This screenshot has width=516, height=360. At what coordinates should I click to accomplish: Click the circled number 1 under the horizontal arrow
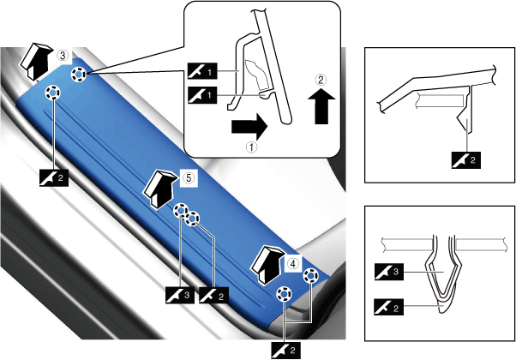pos(251,147)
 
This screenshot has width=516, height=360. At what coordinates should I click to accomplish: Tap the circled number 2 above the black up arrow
pos(321,80)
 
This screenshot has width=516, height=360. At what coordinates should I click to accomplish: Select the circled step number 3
pos(63,56)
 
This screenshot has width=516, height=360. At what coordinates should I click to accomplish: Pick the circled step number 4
pos(292,263)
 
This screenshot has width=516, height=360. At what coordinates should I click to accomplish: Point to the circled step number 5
pos(189,178)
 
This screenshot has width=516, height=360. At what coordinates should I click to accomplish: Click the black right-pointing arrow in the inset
pos(249,127)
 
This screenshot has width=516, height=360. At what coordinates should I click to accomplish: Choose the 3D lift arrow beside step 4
pos(267,264)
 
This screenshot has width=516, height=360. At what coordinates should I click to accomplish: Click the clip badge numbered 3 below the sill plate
pos(180,295)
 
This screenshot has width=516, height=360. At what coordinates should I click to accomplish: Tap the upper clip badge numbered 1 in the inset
pos(202,71)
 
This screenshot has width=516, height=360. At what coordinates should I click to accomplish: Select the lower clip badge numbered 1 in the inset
pos(202,95)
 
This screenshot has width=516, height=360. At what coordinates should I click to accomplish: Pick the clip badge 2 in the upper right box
pos(466,160)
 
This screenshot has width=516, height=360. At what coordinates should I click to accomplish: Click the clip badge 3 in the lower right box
pos(389,272)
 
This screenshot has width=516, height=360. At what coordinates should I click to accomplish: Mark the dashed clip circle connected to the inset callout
pos(78,75)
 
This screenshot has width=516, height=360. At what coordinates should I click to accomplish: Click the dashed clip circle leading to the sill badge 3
pos(181,210)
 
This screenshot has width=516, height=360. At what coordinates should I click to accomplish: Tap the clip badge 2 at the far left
pos(54,178)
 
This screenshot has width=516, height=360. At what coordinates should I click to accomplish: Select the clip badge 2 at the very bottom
pos(285,351)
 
